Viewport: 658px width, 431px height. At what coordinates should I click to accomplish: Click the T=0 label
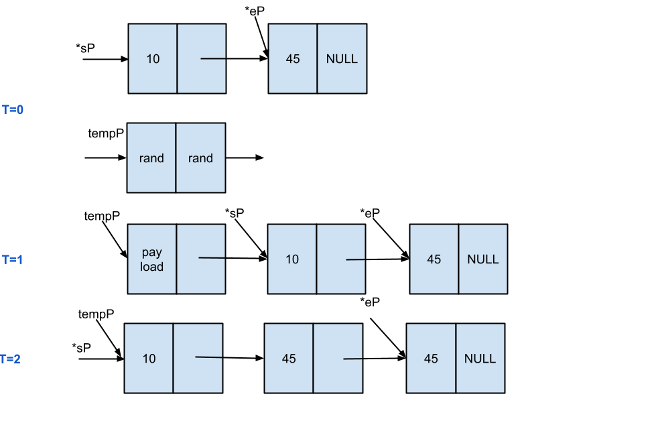(13, 109)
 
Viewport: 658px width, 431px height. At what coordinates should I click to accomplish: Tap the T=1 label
(12, 259)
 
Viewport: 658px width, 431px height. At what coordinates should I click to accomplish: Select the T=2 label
(10, 359)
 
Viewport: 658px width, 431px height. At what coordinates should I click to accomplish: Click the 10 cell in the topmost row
(153, 59)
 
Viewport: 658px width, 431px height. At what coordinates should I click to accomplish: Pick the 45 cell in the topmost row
(293, 59)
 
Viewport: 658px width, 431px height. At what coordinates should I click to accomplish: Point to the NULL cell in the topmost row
(342, 59)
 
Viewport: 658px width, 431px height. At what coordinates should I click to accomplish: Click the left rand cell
(151, 158)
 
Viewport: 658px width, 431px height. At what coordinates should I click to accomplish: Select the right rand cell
(200, 158)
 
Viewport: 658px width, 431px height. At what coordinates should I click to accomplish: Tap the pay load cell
(152, 259)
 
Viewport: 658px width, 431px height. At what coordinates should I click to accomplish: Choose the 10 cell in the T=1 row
(292, 259)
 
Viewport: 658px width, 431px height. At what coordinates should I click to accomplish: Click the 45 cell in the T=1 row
(434, 259)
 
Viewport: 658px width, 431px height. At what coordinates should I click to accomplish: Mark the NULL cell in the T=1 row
(483, 259)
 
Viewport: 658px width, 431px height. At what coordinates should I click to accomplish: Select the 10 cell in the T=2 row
(149, 359)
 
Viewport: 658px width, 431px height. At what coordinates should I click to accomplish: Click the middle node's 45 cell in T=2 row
(289, 359)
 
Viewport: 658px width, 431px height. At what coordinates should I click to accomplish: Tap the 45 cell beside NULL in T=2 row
(431, 359)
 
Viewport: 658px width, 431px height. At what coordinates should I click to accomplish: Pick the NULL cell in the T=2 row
(480, 359)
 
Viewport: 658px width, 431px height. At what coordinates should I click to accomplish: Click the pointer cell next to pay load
(201, 259)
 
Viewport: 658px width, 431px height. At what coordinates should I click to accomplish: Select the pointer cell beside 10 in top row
(202, 59)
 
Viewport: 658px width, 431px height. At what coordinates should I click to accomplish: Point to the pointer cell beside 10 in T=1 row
(341, 259)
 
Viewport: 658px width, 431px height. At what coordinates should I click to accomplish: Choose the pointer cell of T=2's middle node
(338, 359)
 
